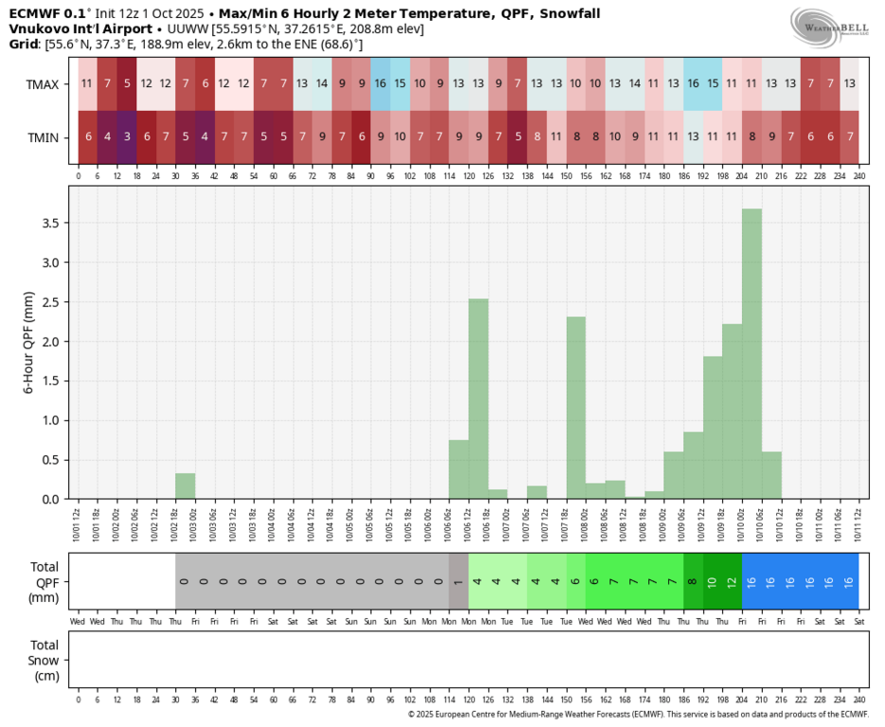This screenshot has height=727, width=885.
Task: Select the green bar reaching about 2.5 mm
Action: tap(478, 399)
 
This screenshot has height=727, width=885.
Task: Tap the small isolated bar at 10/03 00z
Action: tap(185, 486)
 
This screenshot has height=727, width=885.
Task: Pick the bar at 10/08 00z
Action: tap(575, 407)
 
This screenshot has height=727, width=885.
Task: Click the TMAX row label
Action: tap(43, 84)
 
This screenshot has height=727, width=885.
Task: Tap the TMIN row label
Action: tap(43, 138)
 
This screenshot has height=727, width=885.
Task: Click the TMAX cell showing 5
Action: tap(126, 84)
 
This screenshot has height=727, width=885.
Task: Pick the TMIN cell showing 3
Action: tap(126, 138)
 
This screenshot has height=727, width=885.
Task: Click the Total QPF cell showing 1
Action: tap(458, 580)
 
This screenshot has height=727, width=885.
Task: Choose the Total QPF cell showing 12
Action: tap(732, 580)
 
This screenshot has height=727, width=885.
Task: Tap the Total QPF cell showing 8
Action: tap(693, 580)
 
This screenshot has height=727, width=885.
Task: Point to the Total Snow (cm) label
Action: tap(43, 660)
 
